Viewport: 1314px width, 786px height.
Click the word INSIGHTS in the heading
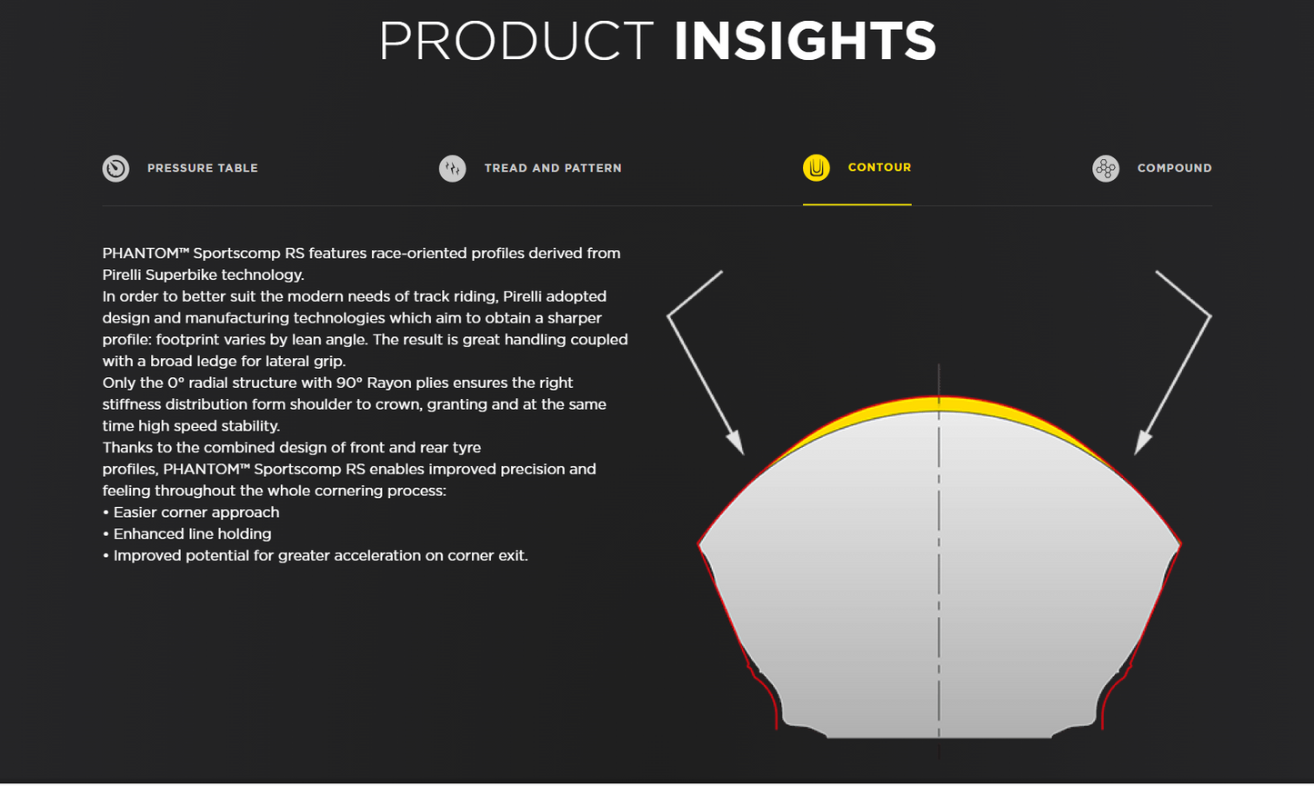(x=805, y=41)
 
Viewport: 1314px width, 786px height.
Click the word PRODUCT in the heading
(x=517, y=41)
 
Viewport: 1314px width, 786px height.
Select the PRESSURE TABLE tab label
(x=203, y=168)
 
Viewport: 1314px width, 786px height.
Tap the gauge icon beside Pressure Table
(x=115, y=168)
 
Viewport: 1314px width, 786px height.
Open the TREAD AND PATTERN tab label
(x=553, y=168)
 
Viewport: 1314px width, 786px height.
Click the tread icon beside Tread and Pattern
(x=452, y=168)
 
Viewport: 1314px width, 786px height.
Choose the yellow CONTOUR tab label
(x=879, y=167)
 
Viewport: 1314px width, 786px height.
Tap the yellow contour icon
(x=816, y=167)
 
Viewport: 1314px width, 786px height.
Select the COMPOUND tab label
(x=1174, y=168)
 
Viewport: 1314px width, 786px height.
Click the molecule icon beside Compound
(x=1106, y=168)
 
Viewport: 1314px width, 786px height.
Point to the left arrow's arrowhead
(x=737, y=443)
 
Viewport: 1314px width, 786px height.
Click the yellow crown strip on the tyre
(x=938, y=405)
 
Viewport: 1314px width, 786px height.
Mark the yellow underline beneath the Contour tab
(x=857, y=204)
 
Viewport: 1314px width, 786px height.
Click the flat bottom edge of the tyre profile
(x=938, y=737)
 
